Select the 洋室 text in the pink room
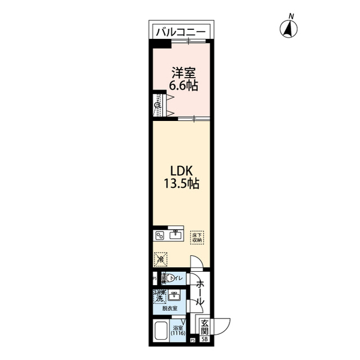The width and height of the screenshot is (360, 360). coord(184,73)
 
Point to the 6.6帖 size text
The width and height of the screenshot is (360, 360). coord(184,86)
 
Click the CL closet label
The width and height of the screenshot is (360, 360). coord(158,105)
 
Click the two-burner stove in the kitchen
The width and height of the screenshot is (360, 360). coord(159,236)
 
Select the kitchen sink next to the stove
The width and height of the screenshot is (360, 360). coord(175,235)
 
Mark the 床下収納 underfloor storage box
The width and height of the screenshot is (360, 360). coord(196,237)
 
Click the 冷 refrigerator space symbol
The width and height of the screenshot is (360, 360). coord(160,259)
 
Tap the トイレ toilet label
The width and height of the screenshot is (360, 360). coord(175,278)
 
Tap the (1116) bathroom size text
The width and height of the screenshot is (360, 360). coord(179,333)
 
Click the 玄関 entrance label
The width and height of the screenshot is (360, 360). coord(205,327)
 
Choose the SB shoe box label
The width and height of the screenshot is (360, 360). coord(205,340)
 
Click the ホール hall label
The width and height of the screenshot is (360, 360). coord(199,293)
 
